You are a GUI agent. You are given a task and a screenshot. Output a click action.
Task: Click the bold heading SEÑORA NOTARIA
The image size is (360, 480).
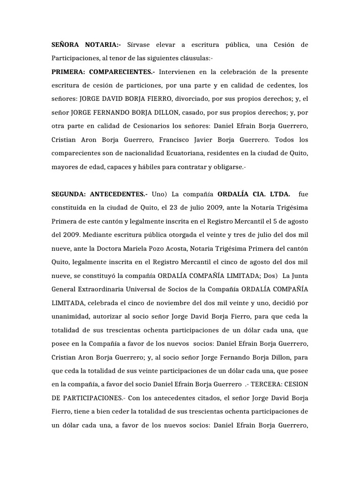click(x=85, y=45)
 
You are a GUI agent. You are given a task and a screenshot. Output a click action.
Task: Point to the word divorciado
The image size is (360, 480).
click(x=201, y=99)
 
